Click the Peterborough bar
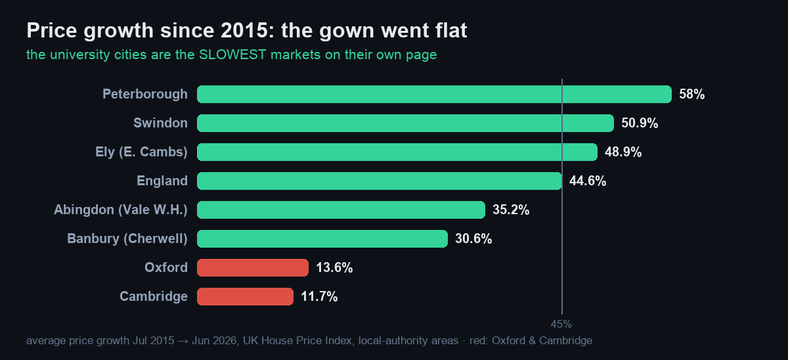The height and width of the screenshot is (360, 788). (434, 95)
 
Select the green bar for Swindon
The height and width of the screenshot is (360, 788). (405, 123)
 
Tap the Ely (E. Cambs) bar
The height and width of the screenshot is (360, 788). (397, 152)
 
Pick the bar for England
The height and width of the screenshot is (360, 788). (380, 181)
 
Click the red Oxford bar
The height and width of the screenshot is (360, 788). (253, 268)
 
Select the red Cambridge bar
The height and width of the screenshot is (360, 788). (245, 297)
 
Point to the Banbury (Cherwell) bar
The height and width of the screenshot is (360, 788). (322, 239)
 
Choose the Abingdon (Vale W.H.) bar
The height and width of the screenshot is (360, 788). (341, 210)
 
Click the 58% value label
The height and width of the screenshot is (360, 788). (691, 95)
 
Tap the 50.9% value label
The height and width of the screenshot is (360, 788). (640, 123)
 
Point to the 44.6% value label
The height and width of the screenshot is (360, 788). (588, 181)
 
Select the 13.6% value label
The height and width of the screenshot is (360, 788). (334, 268)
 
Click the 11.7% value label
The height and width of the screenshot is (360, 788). (319, 297)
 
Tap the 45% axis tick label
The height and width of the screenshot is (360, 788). (561, 324)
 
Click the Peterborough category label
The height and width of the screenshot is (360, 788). (145, 95)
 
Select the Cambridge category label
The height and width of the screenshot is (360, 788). (154, 297)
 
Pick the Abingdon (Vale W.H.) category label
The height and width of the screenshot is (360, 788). (121, 210)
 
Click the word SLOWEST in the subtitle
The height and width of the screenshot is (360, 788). (232, 55)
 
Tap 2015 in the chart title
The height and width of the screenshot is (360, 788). (244, 30)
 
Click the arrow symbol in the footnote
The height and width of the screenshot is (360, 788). (183, 341)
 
